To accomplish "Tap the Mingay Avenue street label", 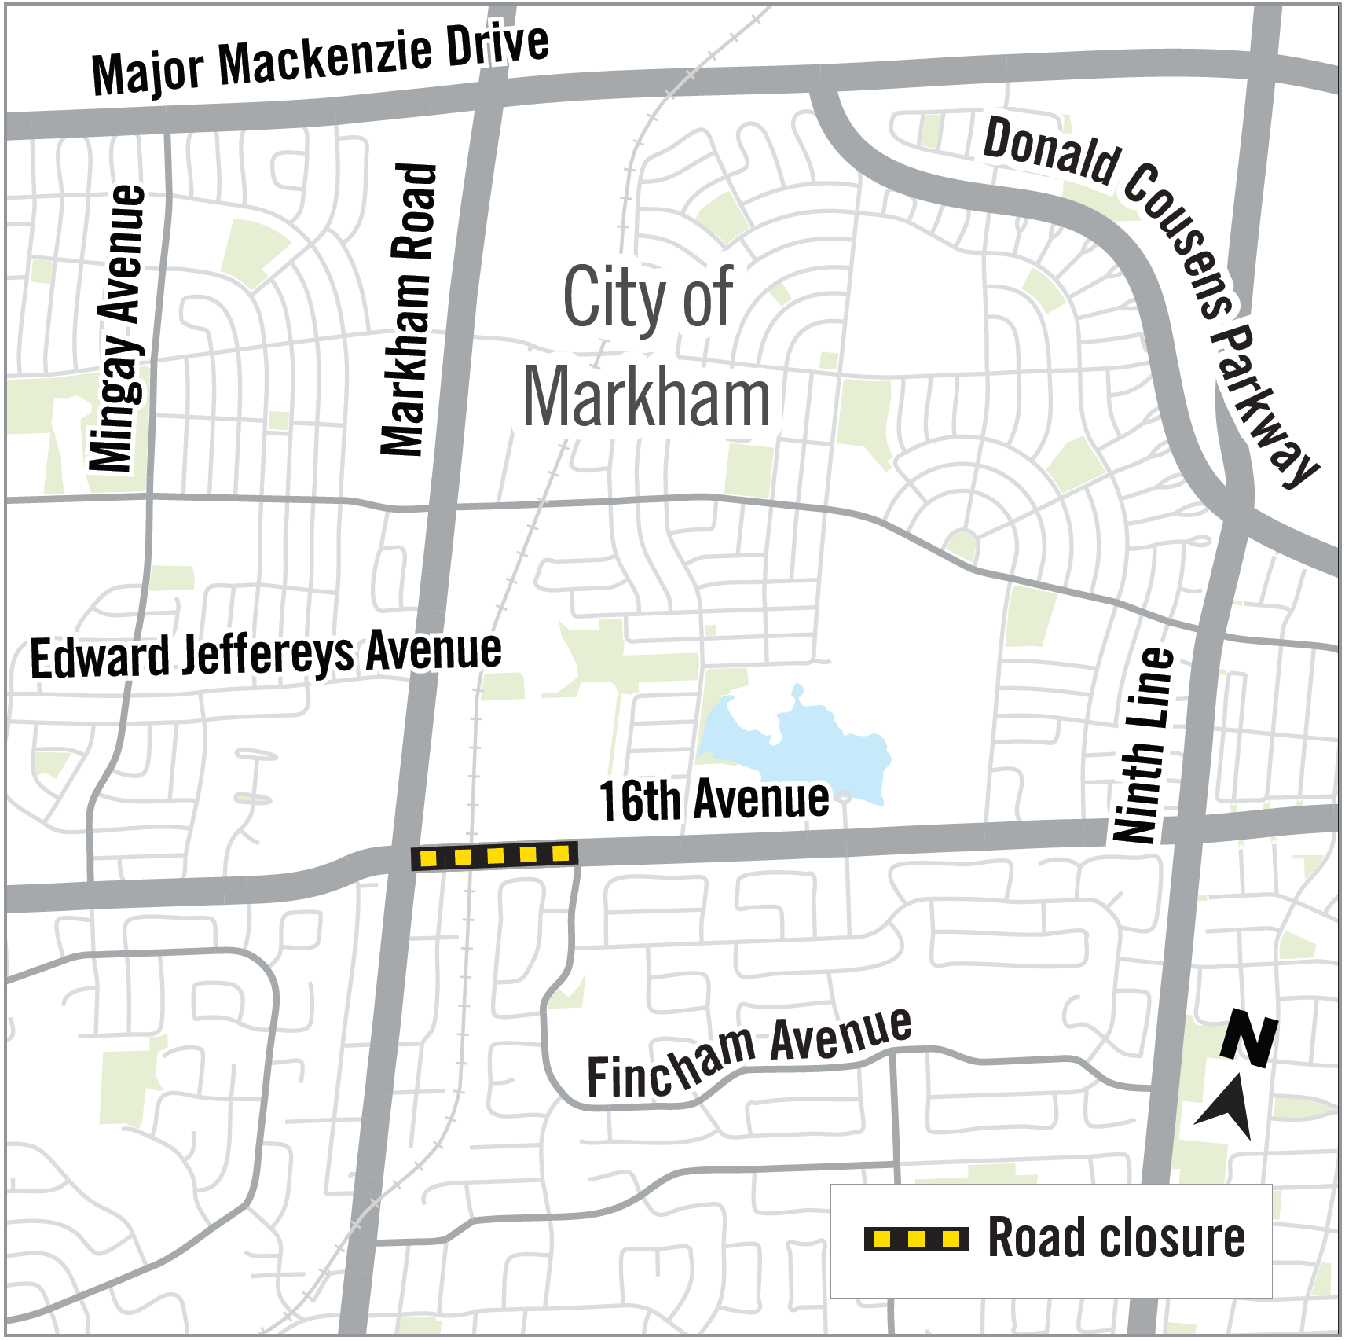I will point(118,329).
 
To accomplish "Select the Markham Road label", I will point(409,310).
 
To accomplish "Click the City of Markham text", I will point(647,347).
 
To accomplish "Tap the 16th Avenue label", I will point(713,800).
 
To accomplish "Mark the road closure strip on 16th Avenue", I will point(495,855).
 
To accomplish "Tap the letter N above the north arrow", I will point(1248,1038).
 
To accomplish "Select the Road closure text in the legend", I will point(1116,1238).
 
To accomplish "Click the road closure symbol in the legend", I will point(916,1239).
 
